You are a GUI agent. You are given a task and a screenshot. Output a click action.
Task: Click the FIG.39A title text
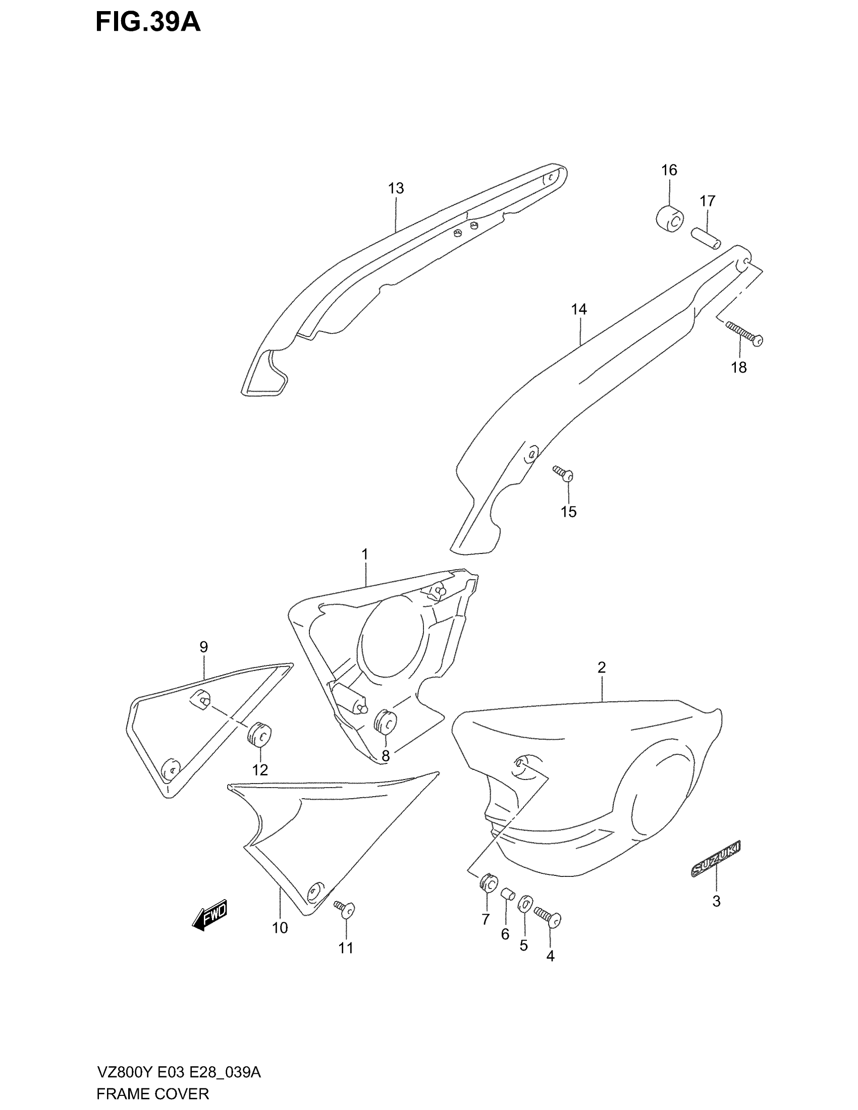(x=148, y=23)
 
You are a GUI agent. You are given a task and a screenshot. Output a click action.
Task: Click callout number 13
(x=396, y=189)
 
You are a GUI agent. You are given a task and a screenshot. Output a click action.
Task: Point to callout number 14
(x=578, y=309)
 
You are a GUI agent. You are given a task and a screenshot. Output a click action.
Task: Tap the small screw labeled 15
(x=564, y=473)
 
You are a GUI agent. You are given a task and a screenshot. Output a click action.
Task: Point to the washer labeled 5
(x=524, y=904)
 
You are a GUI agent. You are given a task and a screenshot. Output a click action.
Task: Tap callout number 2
(x=601, y=668)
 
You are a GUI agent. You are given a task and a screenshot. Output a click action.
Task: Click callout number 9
(x=203, y=647)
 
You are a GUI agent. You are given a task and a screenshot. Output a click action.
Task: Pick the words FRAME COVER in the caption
(x=152, y=1094)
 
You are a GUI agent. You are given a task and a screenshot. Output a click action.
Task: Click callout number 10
(x=280, y=928)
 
